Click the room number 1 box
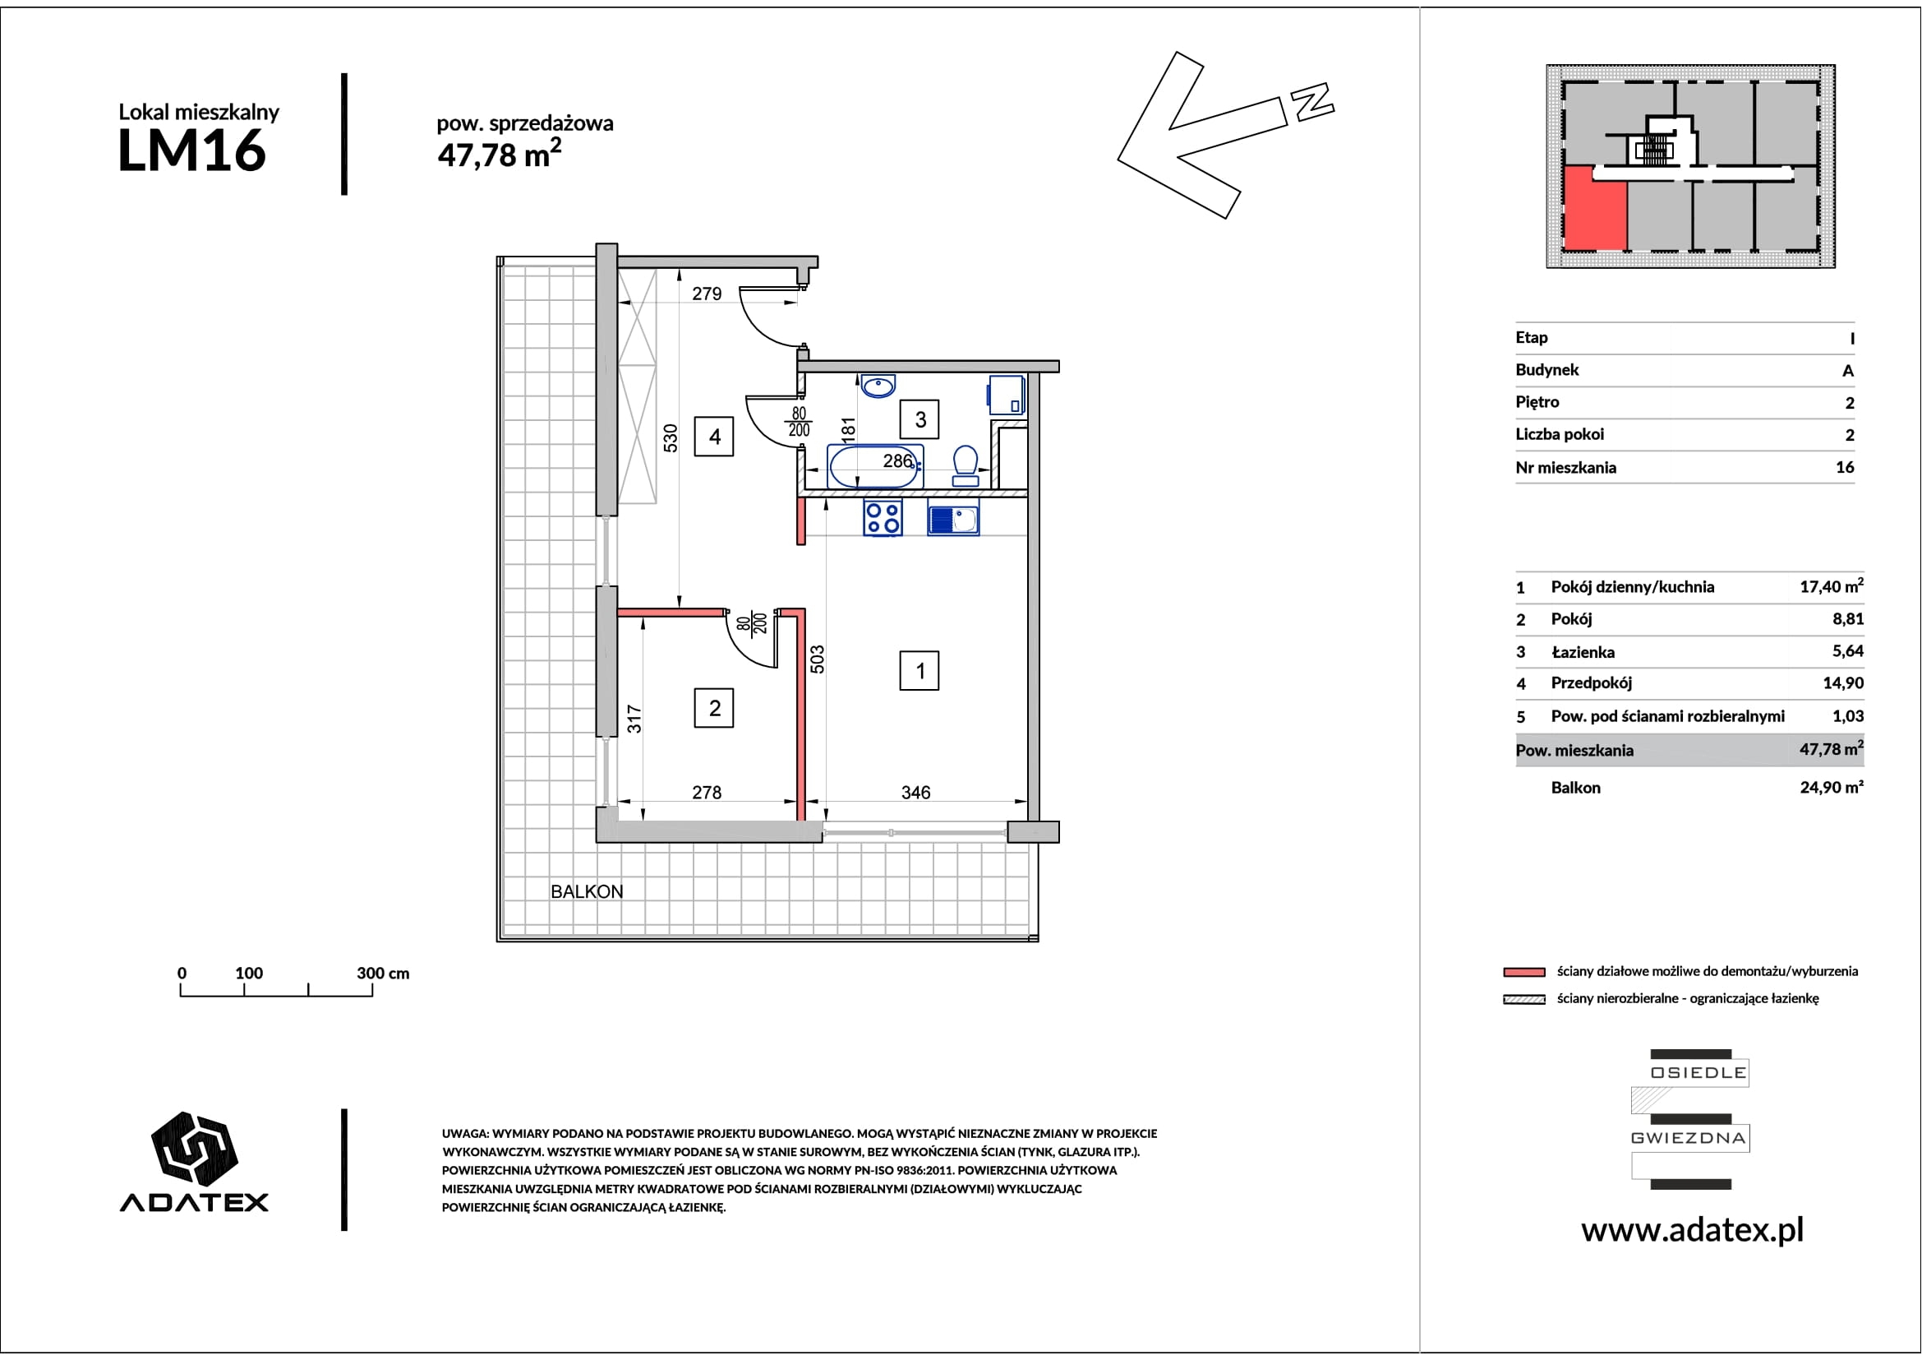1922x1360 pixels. (x=920, y=671)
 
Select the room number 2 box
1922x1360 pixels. (x=714, y=708)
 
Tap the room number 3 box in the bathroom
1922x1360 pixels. (x=920, y=419)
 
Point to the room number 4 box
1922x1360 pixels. (x=714, y=437)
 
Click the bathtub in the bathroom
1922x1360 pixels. (x=876, y=466)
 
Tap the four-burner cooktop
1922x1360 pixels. (x=883, y=517)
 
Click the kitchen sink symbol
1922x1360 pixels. (x=953, y=520)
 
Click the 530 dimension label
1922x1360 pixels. (x=671, y=438)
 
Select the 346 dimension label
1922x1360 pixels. (x=915, y=792)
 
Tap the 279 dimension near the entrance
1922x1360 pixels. (x=707, y=294)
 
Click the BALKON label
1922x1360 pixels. (x=587, y=892)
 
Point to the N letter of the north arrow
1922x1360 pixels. (x=1311, y=101)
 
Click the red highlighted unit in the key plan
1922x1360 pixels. (x=1596, y=209)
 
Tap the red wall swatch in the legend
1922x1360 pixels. (x=1524, y=972)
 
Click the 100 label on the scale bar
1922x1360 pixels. (x=249, y=973)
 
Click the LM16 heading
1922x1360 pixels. (x=191, y=150)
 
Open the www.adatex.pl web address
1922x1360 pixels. (x=1693, y=1230)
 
